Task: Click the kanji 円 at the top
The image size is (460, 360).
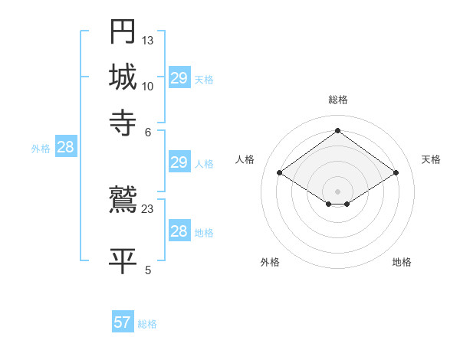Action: tap(123, 32)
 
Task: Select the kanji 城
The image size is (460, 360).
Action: tap(123, 77)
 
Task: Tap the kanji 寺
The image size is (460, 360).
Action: tap(123, 122)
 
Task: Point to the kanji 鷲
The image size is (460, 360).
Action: tap(123, 200)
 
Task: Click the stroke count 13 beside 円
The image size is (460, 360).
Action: tap(148, 40)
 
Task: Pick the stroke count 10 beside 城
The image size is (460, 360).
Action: tap(148, 85)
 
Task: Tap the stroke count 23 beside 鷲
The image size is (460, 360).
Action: tap(148, 208)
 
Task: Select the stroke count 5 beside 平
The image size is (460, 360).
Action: tap(148, 269)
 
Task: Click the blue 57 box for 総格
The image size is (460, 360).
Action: tap(123, 322)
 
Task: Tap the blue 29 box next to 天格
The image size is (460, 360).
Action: tap(179, 78)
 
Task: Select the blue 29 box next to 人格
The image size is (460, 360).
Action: tap(179, 162)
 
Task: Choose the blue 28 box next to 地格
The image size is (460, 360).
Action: tap(179, 231)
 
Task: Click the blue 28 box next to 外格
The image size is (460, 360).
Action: tap(65, 148)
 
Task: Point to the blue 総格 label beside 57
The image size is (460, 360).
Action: tap(147, 324)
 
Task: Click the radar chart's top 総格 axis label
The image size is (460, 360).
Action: tap(337, 100)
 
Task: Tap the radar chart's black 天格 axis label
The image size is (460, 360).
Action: tap(431, 159)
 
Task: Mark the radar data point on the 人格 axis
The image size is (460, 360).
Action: tap(280, 173)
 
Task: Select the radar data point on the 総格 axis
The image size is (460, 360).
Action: tap(337, 130)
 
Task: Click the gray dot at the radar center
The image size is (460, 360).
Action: tap(337, 191)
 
